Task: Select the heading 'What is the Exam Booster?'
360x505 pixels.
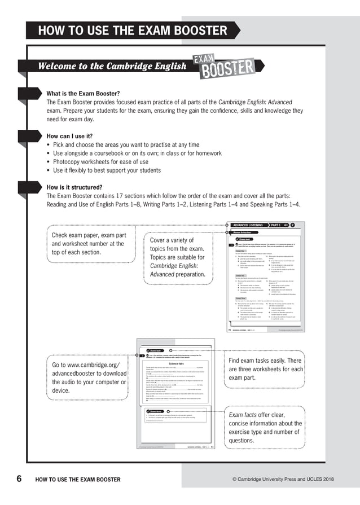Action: pyautogui.click(x=83, y=94)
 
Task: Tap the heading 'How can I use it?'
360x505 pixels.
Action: pyautogui.click(x=69, y=137)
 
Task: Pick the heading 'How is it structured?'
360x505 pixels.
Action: pyautogui.click(x=74, y=187)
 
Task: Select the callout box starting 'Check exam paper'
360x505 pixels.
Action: pyautogui.click(x=90, y=244)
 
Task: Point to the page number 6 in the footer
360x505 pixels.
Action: pyautogui.click(x=19, y=479)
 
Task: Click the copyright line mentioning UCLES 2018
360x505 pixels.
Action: pyautogui.click(x=283, y=480)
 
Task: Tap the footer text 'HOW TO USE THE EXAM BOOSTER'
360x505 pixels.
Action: pyautogui.click(x=78, y=480)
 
